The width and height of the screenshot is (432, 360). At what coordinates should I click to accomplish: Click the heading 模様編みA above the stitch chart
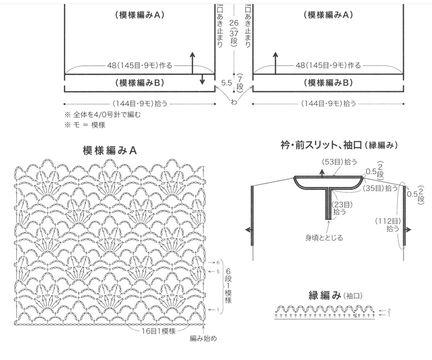[109, 151]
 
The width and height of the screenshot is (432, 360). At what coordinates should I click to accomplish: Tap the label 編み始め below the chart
[203, 338]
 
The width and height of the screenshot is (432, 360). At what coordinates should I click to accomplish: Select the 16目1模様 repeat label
[158, 331]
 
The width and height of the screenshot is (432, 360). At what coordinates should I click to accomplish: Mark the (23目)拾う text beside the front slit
[342, 208]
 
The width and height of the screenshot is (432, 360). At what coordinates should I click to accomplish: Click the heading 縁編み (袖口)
[335, 296]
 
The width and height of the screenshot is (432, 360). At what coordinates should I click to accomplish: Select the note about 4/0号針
[103, 115]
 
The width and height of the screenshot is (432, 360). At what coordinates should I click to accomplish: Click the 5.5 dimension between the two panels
[226, 83]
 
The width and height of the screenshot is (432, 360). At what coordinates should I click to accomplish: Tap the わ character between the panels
[234, 102]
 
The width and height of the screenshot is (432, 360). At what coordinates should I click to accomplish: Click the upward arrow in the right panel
[275, 63]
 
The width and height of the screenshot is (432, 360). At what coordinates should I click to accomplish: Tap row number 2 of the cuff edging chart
[389, 310]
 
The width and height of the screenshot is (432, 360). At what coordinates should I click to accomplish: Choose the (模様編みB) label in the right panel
[328, 83]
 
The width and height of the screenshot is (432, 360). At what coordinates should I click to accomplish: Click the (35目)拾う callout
[380, 188]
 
